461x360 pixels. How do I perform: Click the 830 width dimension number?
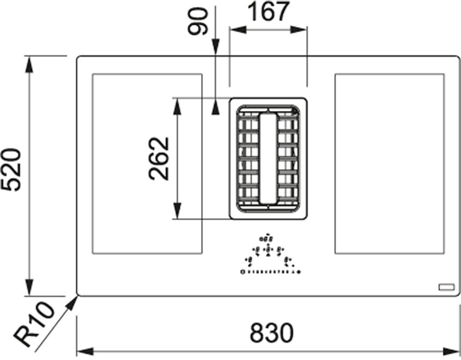click(x=272, y=333)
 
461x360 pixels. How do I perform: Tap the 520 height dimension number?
click(x=11, y=170)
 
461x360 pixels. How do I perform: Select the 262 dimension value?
click(x=159, y=159)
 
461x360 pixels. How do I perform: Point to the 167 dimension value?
click(x=269, y=11)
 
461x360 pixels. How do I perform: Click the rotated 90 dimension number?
click(x=198, y=21)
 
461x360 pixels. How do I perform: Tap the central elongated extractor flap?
click(x=268, y=159)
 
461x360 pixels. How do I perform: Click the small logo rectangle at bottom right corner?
click(x=447, y=287)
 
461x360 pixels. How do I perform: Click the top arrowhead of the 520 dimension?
click(x=29, y=64)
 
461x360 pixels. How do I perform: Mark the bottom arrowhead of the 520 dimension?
click(x=29, y=288)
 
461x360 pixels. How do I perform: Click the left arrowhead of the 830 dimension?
click(x=85, y=351)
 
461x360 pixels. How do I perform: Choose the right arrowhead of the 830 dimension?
click(x=451, y=351)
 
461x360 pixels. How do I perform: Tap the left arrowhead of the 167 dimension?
click(x=238, y=29)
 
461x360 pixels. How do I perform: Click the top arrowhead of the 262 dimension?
click(x=177, y=106)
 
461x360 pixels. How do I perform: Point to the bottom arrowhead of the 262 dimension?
click(x=177, y=211)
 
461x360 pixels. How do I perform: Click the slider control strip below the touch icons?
click(x=270, y=272)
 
